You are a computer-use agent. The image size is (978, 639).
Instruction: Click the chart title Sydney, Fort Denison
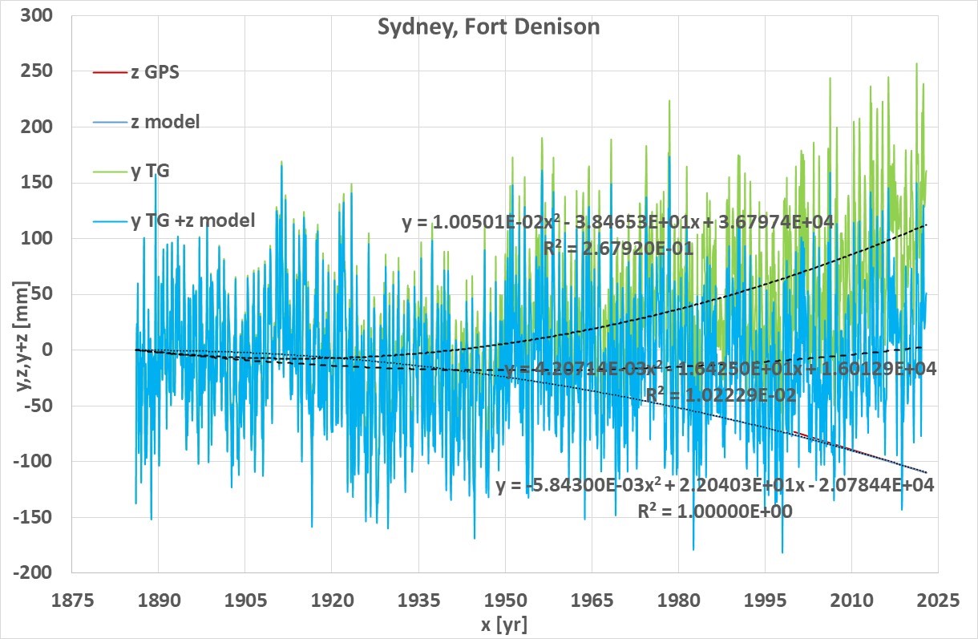click(488, 27)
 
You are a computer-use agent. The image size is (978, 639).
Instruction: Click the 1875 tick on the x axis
click(71, 600)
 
